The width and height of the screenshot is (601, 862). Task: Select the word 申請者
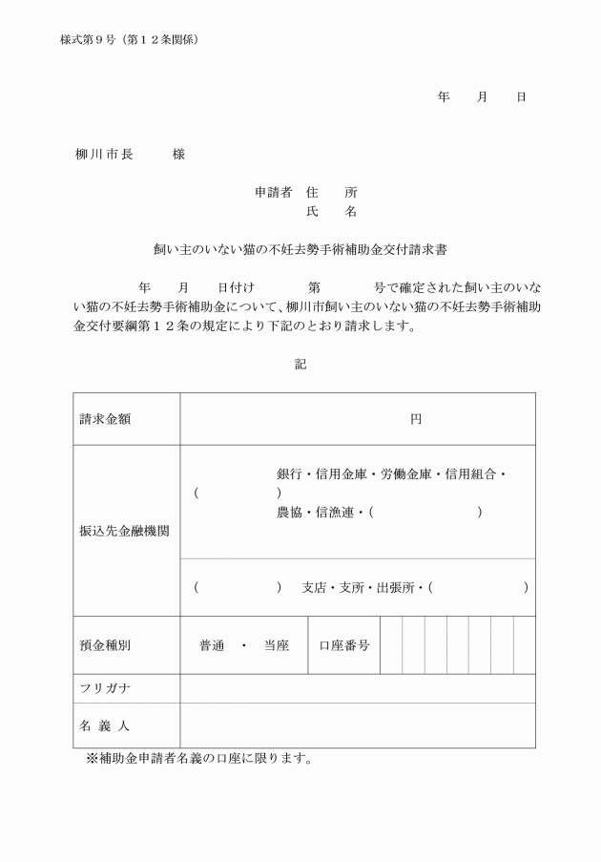[x=274, y=192]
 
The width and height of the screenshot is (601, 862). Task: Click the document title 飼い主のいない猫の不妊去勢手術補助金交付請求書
[x=300, y=250]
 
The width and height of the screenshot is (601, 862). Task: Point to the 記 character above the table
[x=300, y=364]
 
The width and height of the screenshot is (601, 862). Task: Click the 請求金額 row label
[x=105, y=419]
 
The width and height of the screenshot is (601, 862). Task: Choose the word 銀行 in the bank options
[x=289, y=473]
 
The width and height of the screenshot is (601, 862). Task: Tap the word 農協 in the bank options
[x=289, y=513]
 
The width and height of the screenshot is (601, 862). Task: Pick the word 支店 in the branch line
[x=314, y=587]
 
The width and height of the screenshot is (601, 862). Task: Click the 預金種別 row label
[x=105, y=644]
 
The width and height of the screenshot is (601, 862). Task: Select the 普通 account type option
[x=212, y=644]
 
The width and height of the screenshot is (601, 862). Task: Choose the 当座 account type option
[x=277, y=644]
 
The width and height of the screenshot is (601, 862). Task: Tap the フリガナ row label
[x=104, y=688]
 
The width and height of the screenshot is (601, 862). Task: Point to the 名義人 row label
[x=104, y=725]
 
